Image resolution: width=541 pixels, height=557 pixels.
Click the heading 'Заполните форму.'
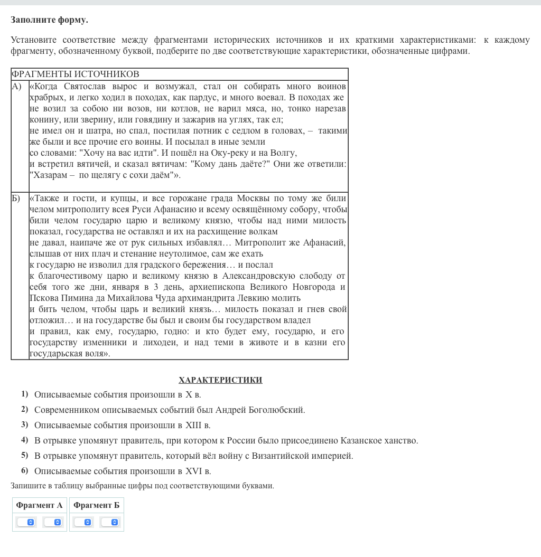point(49,20)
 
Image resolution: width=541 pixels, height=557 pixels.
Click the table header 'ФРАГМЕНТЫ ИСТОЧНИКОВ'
point(75,74)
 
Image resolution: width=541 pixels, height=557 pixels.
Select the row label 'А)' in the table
point(17,86)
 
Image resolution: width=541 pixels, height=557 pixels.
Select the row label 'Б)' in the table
point(16,199)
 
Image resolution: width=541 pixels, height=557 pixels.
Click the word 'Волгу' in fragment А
point(284,153)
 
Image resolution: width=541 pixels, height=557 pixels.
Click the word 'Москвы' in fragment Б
point(255,199)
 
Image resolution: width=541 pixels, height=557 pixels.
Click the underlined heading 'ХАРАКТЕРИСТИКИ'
point(220,380)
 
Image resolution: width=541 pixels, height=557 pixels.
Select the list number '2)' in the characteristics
point(25,409)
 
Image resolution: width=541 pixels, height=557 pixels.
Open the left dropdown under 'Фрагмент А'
point(26,522)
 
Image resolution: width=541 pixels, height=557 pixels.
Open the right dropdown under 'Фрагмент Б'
point(109,522)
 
